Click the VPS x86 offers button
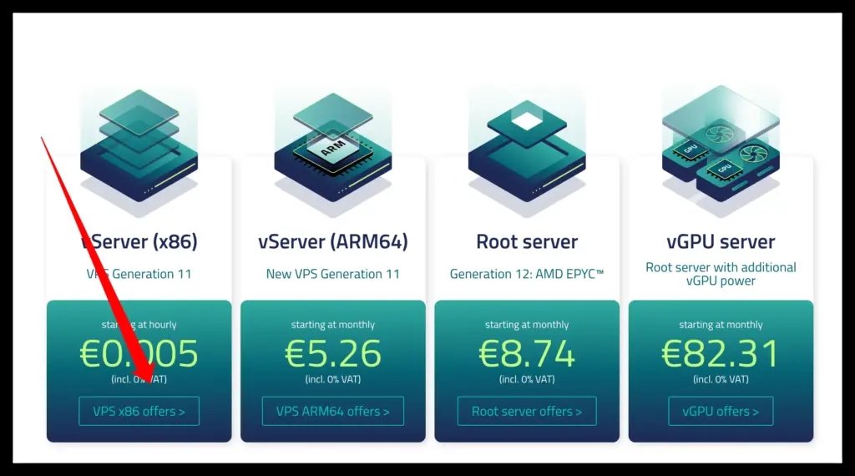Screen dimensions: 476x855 tap(139, 411)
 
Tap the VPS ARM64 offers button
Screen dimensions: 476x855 tap(332, 411)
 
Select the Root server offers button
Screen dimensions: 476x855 tap(527, 411)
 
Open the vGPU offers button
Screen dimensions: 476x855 tap(721, 411)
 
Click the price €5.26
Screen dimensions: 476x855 tap(332, 353)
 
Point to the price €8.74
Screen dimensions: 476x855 tap(527, 353)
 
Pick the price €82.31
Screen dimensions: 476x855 tap(721, 353)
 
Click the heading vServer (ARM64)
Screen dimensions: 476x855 tap(332, 242)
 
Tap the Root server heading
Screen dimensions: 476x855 tap(527, 242)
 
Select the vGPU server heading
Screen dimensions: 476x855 tap(721, 242)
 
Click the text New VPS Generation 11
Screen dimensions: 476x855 tap(332, 274)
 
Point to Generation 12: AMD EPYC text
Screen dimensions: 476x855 tap(527, 274)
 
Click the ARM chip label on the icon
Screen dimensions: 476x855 tap(332, 150)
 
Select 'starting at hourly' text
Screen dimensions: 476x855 tap(139, 325)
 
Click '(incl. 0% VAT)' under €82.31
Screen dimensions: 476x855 tap(721, 379)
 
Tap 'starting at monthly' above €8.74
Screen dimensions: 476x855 tap(527, 325)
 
